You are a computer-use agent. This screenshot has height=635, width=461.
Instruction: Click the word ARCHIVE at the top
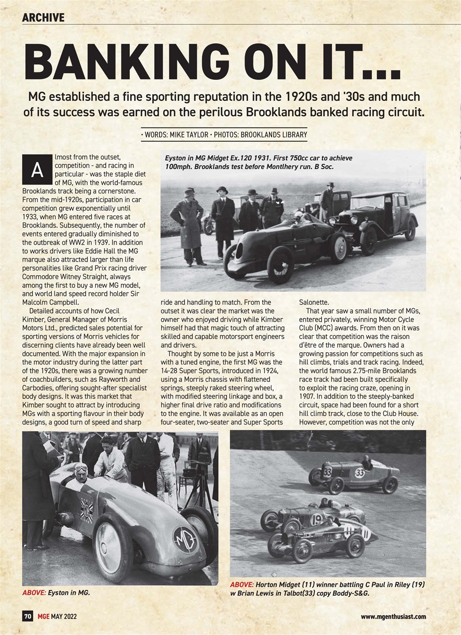43,17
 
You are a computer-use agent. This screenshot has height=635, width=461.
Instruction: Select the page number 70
28,617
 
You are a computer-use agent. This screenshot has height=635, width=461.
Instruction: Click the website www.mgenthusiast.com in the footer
393,617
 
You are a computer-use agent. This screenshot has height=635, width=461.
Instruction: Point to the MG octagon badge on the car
185,540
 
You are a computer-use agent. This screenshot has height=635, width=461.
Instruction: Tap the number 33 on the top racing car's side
360,473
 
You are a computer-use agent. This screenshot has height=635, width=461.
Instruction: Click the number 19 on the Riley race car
316,519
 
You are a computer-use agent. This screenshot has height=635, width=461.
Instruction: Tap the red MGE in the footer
43,617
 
